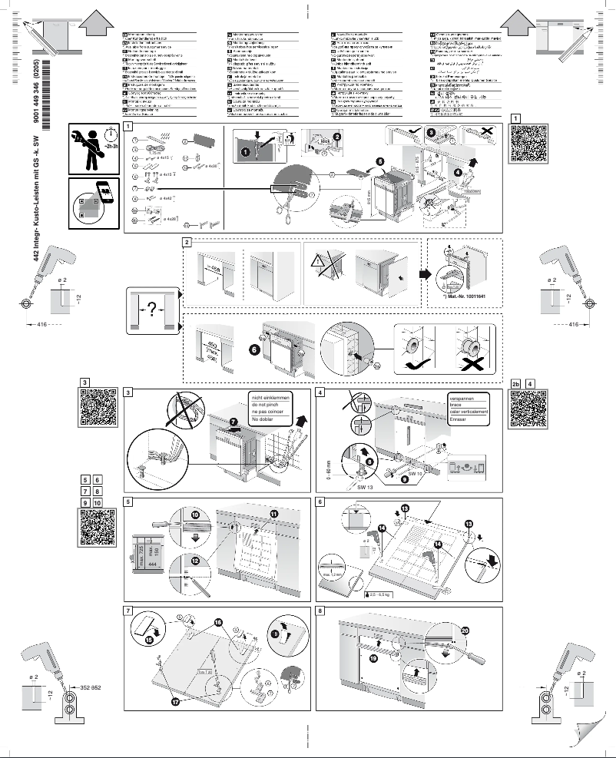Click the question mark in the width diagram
click(x=151, y=308)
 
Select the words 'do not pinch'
click(x=267, y=405)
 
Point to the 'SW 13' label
click(x=366, y=487)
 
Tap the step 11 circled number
click(x=273, y=511)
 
